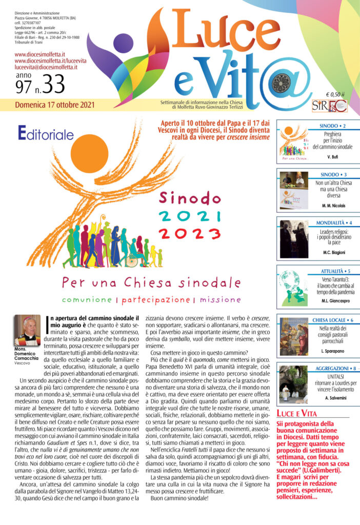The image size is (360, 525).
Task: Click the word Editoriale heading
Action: click(x=47, y=135)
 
